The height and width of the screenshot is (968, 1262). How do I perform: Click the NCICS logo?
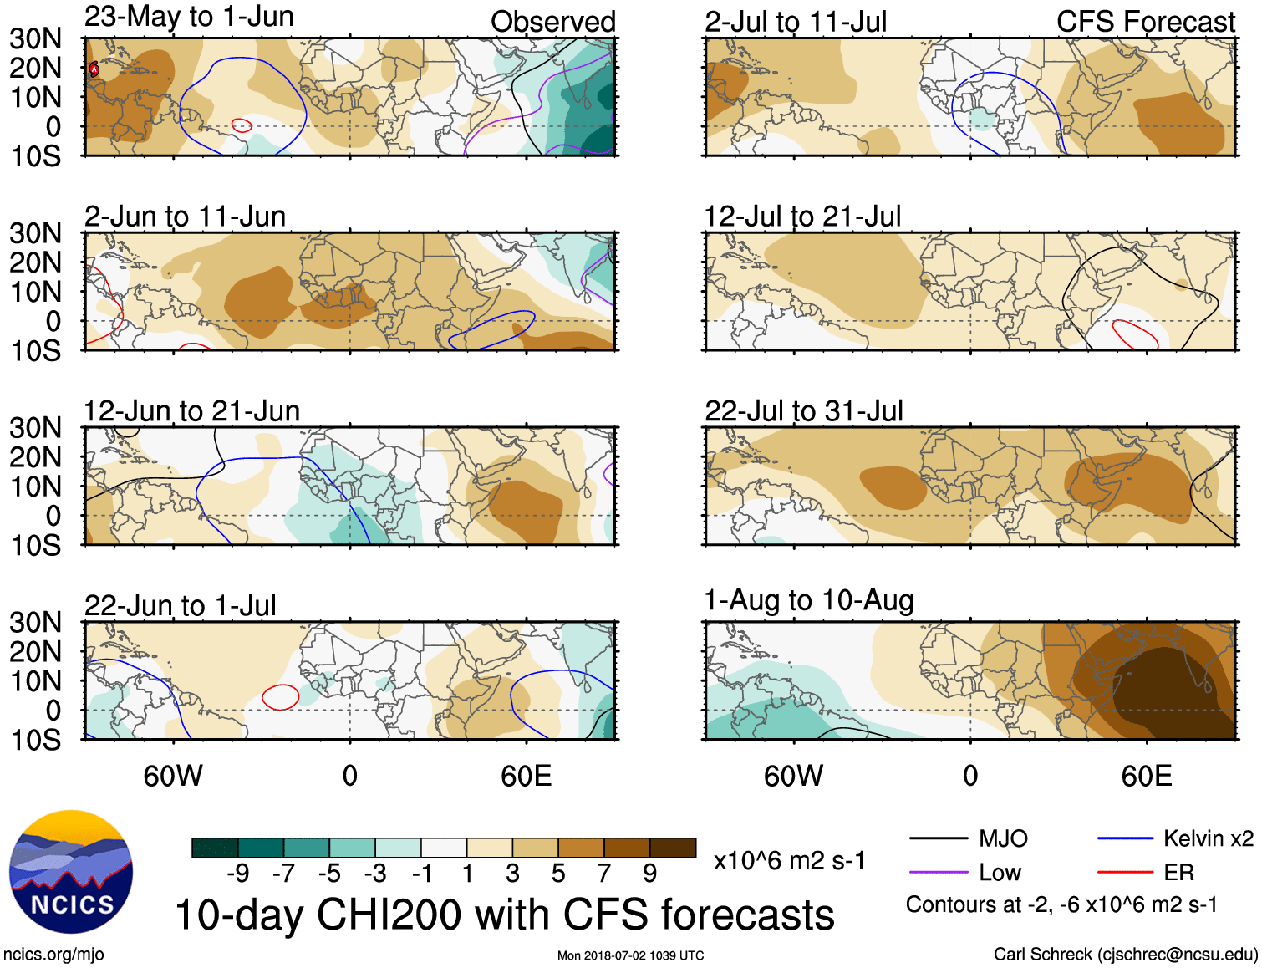click(71, 871)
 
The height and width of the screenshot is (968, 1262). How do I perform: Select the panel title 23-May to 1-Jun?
click(189, 17)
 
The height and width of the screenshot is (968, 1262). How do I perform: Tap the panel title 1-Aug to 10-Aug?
click(809, 600)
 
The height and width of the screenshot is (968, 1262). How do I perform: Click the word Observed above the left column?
click(552, 22)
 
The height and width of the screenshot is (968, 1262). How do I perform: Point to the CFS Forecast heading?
click(1145, 22)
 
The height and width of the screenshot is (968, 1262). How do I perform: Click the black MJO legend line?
click(938, 838)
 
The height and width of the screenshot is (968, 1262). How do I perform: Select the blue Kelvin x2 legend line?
click(1125, 838)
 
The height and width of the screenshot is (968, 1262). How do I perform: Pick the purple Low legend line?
click(938, 872)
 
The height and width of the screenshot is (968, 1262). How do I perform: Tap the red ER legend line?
click(1125, 872)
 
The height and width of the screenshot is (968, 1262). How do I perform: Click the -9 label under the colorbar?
click(237, 874)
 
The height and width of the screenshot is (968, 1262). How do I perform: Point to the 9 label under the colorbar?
click(649, 874)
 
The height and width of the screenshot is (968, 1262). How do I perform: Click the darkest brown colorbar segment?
click(673, 848)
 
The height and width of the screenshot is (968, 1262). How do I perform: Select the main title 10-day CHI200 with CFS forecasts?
click(505, 915)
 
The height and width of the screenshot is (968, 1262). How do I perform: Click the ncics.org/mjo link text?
click(53, 955)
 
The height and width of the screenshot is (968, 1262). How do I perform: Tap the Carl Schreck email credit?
click(1125, 955)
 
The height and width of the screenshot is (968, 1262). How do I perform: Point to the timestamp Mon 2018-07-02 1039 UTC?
click(630, 955)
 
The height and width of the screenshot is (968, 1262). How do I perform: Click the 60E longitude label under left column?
click(526, 777)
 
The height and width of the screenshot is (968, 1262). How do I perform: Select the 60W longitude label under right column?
click(793, 777)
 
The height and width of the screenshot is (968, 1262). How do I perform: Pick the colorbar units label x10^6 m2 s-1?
click(789, 861)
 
